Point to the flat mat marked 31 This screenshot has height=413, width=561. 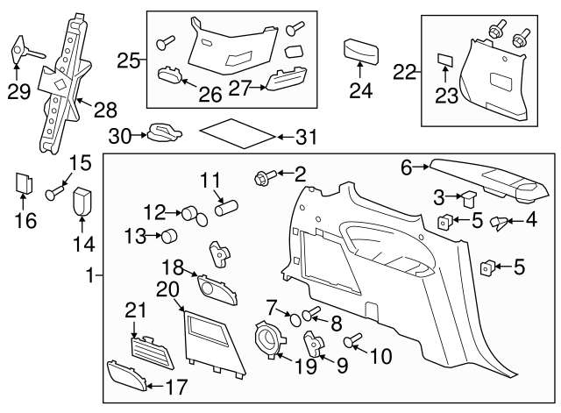coord(237,136)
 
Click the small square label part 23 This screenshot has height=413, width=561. coord(445,61)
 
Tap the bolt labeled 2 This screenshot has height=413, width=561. coord(262,178)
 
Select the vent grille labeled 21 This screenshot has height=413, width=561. coord(147,345)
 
